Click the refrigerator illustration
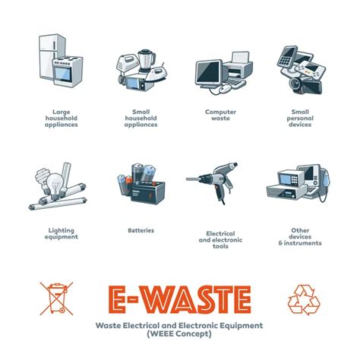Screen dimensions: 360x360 [49, 55]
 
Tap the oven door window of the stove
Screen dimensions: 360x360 [63, 74]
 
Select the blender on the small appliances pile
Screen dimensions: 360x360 [147, 61]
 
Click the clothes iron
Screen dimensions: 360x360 [156, 74]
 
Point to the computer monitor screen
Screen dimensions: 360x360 [207, 72]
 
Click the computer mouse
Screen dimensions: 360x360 [225, 88]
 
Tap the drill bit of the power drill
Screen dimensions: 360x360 [193, 179]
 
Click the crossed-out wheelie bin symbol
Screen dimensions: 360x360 [56, 298]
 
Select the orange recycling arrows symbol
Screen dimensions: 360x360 [304, 300]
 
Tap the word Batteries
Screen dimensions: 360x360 [141, 230]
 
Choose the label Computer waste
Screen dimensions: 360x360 [220, 115]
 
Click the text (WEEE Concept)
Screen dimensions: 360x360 [179, 333]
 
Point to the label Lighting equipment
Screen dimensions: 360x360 [62, 234]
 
